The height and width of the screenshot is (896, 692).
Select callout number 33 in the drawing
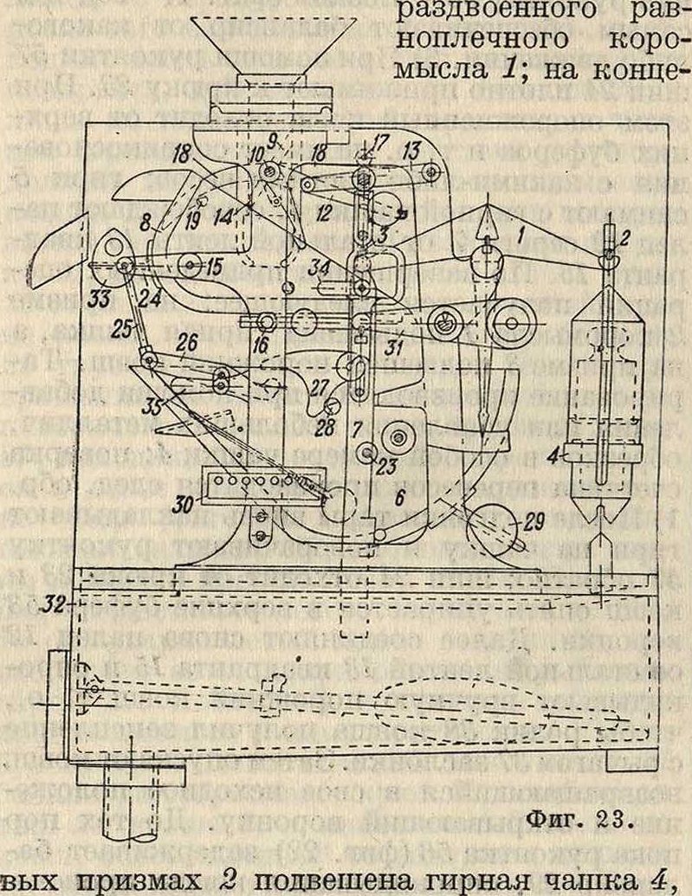click(104, 297)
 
